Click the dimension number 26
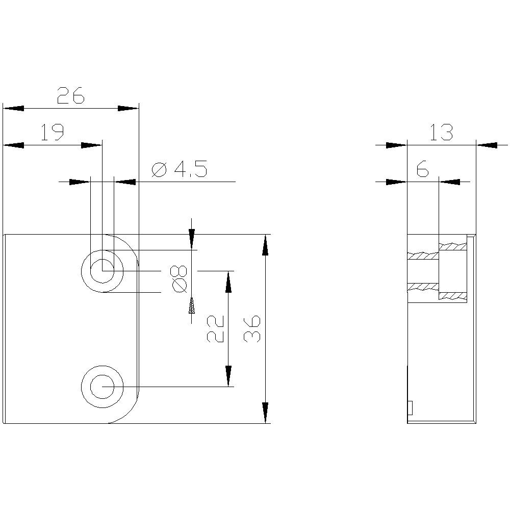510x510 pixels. coord(70,95)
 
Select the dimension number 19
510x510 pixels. coord(52,133)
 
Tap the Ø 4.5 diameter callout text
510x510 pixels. coord(180,169)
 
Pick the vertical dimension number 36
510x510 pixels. coord(252,329)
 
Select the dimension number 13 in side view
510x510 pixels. coord(441,133)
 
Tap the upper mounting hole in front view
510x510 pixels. coord(103,270)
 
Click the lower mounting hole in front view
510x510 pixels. coord(103,387)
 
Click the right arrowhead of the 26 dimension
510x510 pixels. coord(128,108)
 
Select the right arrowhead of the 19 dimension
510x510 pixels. coord(91,145)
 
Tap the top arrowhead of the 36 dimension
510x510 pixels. coord(265,245)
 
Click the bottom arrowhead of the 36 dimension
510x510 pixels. coord(265,413)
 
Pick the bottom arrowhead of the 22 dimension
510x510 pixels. coord(228,376)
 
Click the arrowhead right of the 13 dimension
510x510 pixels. coord(486,145)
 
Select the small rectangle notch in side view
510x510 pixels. coord(410,407)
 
